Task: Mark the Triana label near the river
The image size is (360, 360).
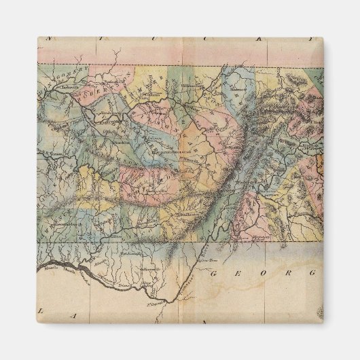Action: click(x=126, y=278)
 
